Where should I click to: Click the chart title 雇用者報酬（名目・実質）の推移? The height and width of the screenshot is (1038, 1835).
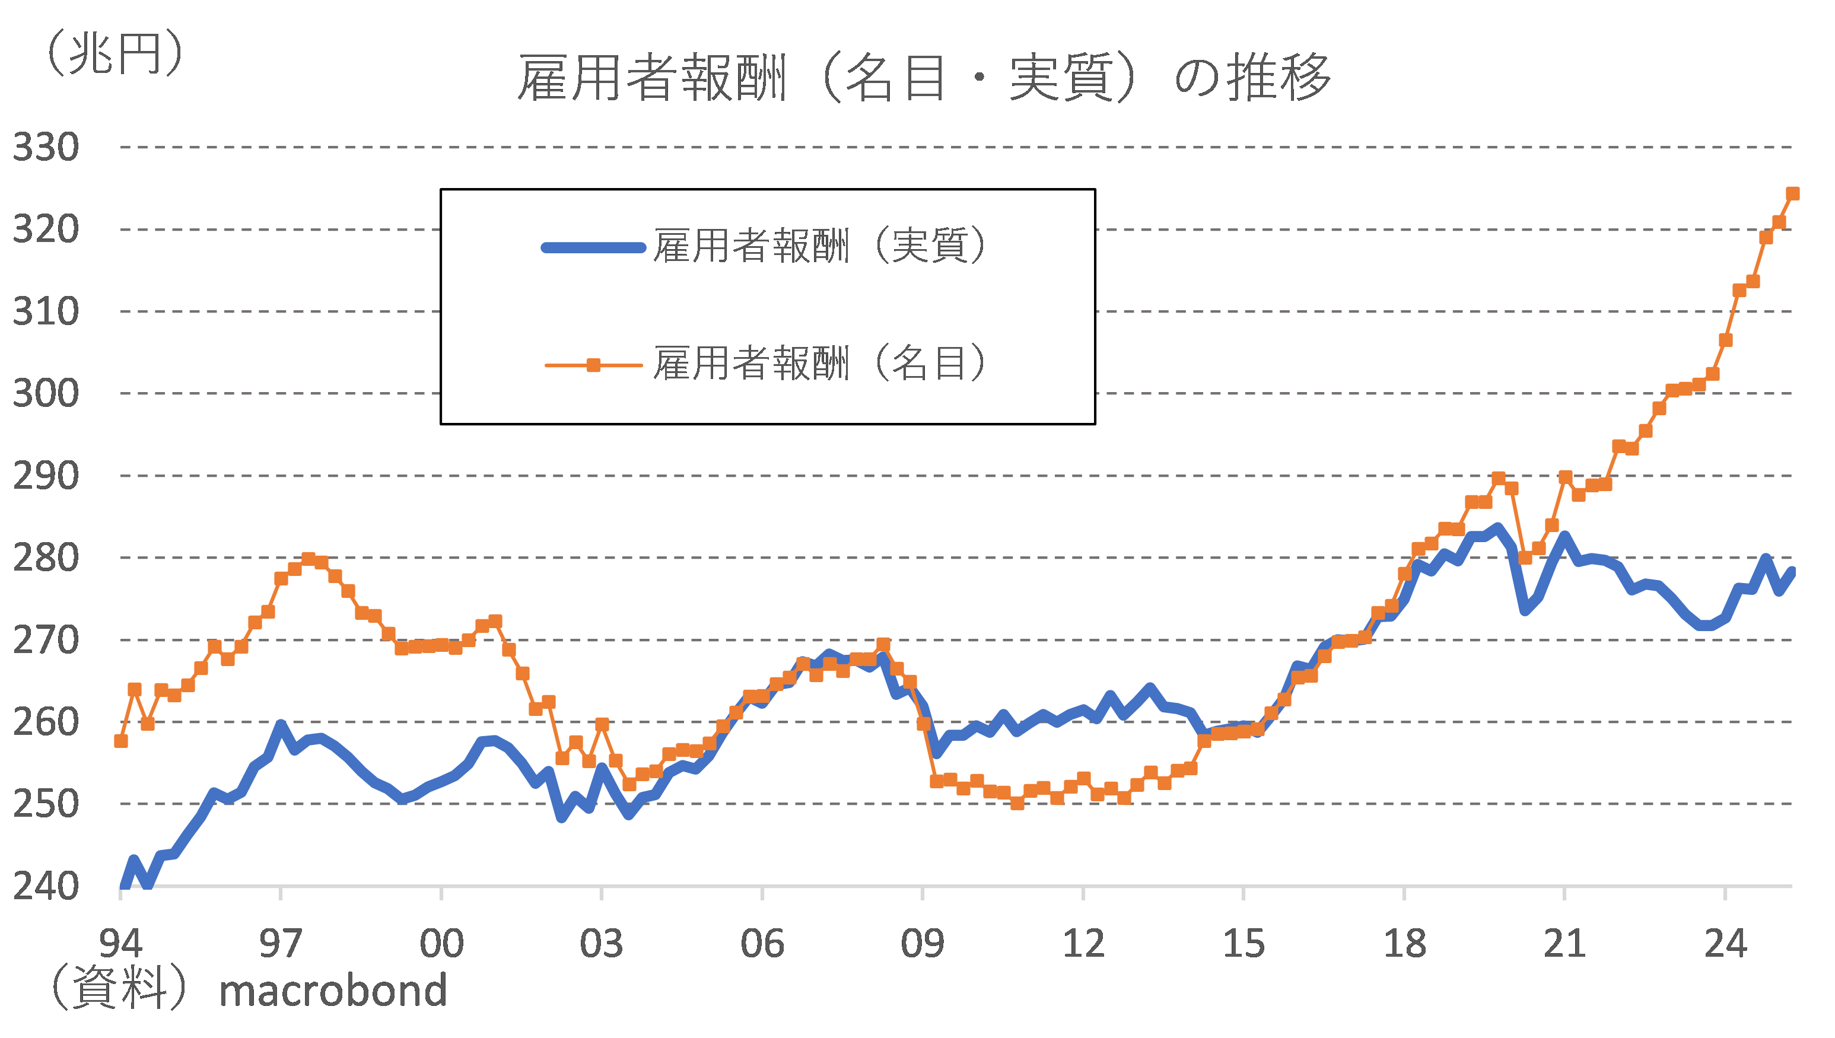tap(923, 77)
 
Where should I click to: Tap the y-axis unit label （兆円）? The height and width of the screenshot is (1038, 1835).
tap(114, 53)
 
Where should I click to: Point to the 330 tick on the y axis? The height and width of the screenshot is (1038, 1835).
tap(46, 148)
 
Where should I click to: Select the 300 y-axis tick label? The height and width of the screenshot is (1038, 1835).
tap(46, 393)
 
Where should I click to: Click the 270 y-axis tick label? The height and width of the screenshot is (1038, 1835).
tap(46, 640)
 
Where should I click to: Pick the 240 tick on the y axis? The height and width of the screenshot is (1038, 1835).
tap(46, 886)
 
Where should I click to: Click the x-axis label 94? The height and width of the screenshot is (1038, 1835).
tap(120, 943)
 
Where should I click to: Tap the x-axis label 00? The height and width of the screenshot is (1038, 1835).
tap(441, 943)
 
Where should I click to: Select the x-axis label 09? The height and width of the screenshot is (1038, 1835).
tap(923, 943)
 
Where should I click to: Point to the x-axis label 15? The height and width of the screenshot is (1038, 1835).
tap(1244, 943)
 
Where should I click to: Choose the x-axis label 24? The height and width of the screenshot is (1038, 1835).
tap(1725, 943)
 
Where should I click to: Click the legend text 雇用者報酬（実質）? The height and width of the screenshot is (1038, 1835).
tap(820, 247)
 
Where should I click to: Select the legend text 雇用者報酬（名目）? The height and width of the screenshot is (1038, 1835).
tap(820, 364)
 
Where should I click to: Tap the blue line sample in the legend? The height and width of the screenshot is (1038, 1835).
tap(593, 248)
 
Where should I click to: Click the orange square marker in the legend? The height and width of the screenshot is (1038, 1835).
tap(593, 365)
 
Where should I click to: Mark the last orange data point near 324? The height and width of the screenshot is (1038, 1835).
tap(1793, 194)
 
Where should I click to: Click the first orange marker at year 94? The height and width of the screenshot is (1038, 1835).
tap(121, 741)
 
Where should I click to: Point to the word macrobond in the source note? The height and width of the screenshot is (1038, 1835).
tap(333, 991)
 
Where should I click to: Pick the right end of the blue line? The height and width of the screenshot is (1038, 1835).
tap(1792, 571)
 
